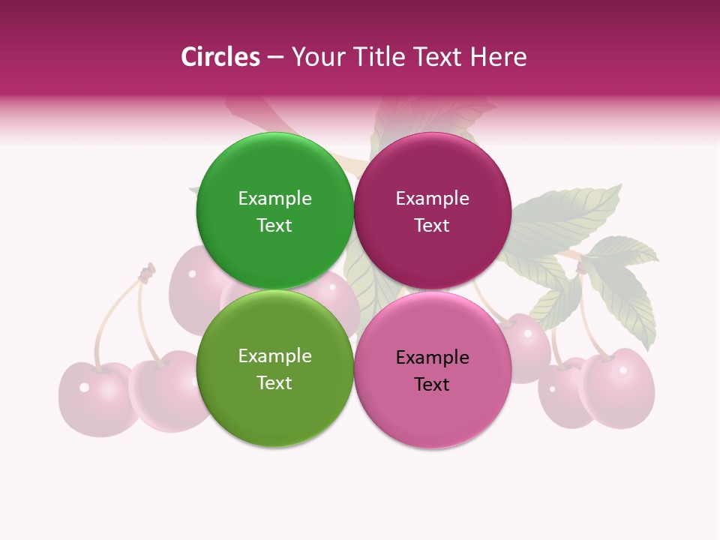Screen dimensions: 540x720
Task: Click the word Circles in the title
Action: (x=220, y=57)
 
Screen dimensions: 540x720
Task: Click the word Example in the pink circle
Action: (x=432, y=358)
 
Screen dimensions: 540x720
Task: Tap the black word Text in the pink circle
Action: (x=432, y=385)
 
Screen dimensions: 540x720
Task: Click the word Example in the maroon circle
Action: (x=432, y=199)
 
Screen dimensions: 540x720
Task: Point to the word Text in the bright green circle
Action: (x=274, y=226)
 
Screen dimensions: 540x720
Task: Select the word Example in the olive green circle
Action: (x=274, y=356)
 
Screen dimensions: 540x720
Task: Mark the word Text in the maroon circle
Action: (x=432, y=226)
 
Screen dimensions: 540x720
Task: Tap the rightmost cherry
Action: (x=619, y=388)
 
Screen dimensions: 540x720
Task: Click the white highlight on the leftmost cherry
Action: (x=84, y=387)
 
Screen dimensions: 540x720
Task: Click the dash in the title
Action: (x=275, y=58)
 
